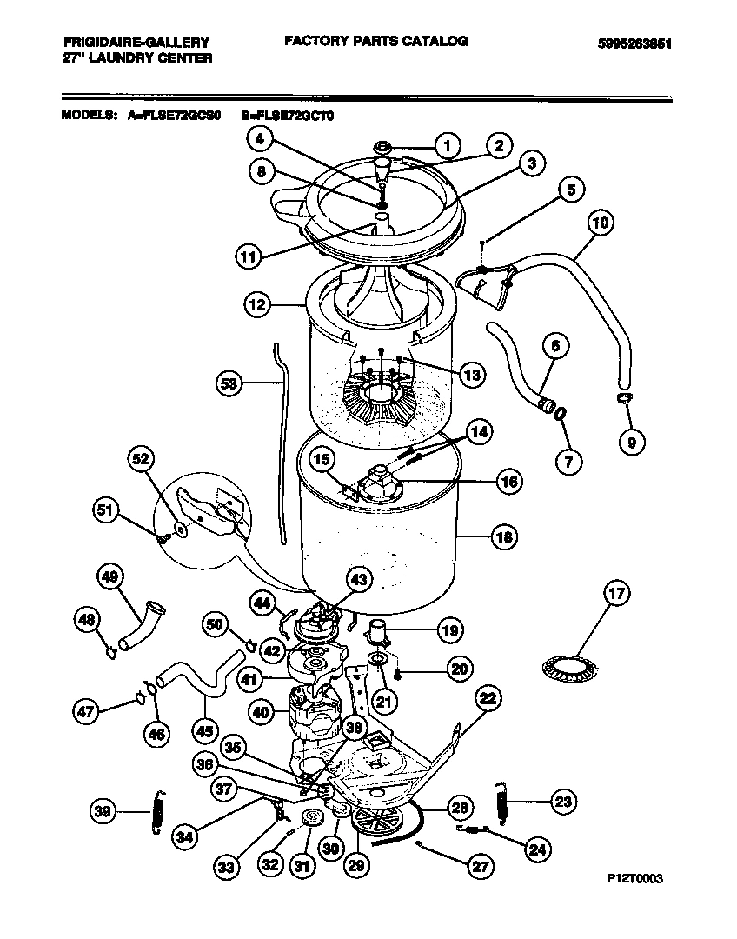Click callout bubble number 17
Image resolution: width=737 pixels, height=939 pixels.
click(615, 596)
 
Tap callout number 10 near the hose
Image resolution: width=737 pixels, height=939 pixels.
click(600, 222)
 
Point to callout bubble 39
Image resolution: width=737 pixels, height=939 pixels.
click(103, 812)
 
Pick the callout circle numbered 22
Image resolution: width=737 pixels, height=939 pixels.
click(489, 698)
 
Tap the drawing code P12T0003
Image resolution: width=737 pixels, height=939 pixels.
click(634, 880)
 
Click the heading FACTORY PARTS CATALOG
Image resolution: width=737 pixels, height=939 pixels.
click(375, 41)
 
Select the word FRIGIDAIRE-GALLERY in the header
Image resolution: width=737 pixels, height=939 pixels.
click(136, 42)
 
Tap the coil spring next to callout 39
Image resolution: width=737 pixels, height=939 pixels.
click(157, 811)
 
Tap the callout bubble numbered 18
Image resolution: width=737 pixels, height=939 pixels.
click(503, 536)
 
